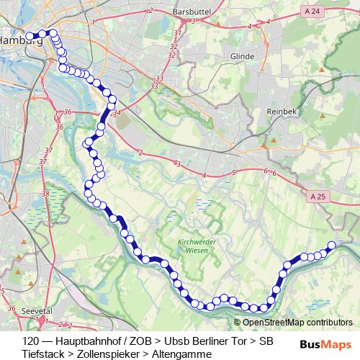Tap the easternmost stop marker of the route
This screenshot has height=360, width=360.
coord(332,245)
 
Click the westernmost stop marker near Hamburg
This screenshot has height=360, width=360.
coord(30,36)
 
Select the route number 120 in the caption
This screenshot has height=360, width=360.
coord(32,341)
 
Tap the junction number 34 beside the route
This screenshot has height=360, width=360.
coord(119,113)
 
